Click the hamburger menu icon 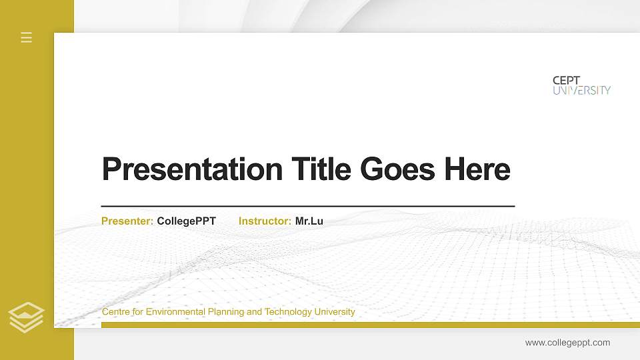[27, 37]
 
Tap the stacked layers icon [27, 317]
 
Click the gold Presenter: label [127, 221]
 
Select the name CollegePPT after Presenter [187, 221]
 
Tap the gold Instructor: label [265, 221]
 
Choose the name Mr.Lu [309, 221]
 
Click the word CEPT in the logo [567, 80]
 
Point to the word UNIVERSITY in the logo [581, 90]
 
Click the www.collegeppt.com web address [567, 343]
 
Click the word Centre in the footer [115, 312]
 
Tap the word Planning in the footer [227, 312]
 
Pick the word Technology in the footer [287, 312]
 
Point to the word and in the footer [255, 312]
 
